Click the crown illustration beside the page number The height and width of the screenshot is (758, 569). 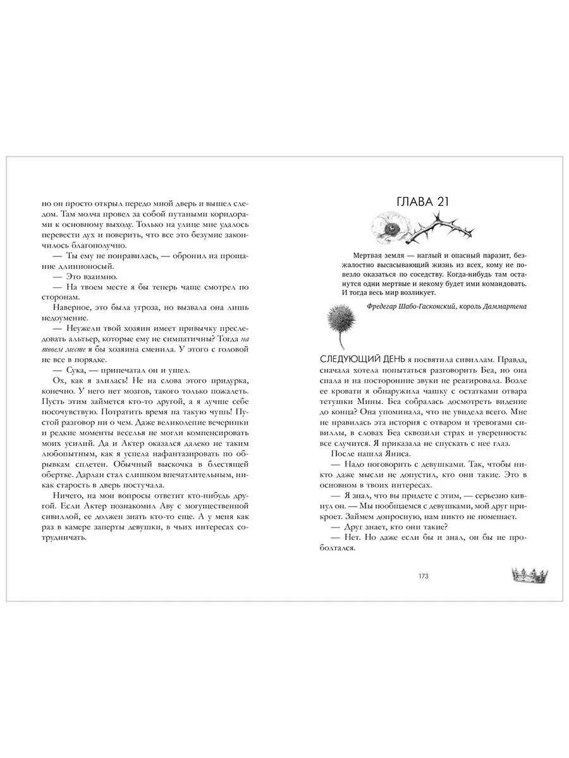pos(528,574)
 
